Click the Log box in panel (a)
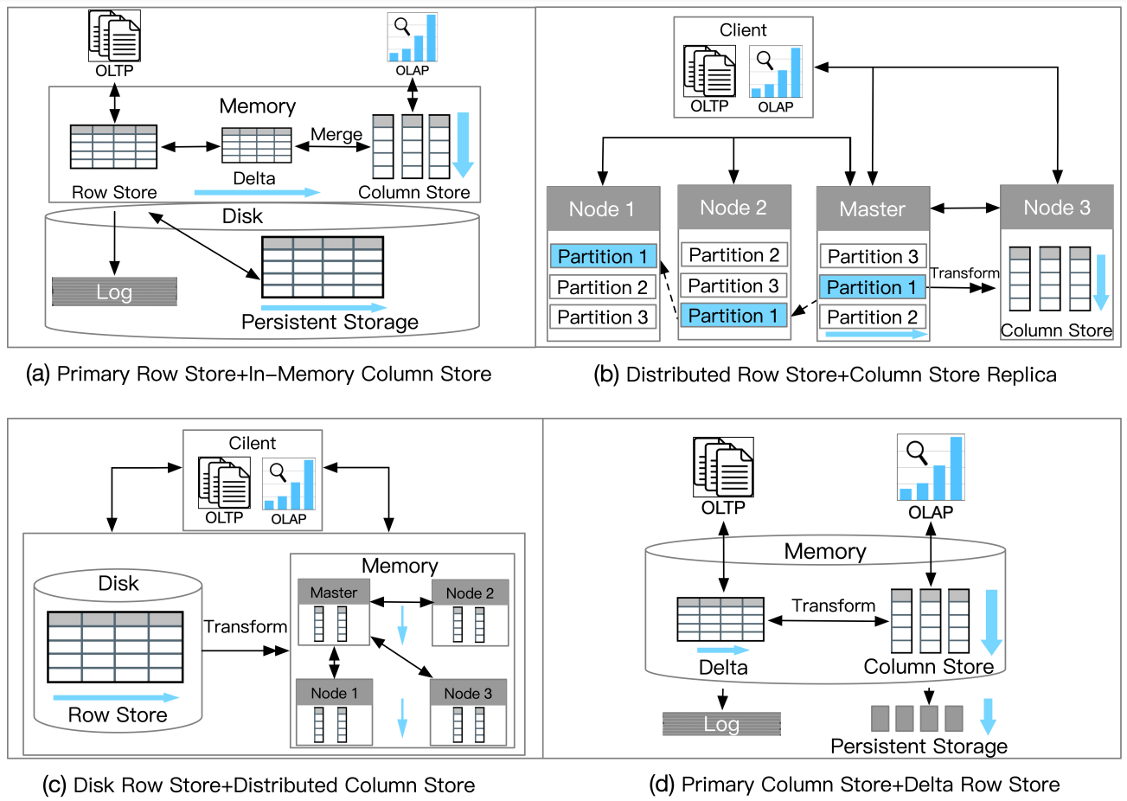[114, 292]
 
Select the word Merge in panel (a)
[336, 134]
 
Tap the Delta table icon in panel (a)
[256, 145]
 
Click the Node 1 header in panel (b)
[602, 208]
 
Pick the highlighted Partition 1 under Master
[872, 287]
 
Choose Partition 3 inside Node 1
[602, 317]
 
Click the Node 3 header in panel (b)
[1056, 208]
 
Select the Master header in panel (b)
[872, 208]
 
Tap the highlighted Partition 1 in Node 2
[733, 316]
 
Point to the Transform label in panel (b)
[964, 273]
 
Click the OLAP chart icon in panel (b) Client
[776, 73]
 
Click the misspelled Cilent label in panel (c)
[252, 443]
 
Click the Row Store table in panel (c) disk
[115, 647]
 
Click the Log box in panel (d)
[721, 724]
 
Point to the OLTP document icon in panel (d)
[723, 467]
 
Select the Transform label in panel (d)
[833, 606]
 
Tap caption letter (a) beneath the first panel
[38, 374]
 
